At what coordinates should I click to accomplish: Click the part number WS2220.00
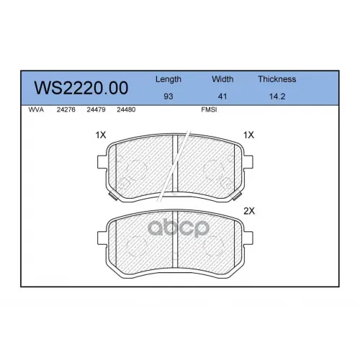[x=81, y=88]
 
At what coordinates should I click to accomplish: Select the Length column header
[x=168, y=79]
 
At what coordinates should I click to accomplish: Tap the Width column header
[x=222, y=79]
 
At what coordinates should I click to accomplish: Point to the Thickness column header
[x=277, y=79]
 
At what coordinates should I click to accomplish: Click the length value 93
[x=168, y=96]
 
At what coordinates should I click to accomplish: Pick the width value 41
[x=222, y=96]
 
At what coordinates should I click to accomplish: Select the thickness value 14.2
[x=277, y=96]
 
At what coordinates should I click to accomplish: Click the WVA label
[x=36, y=109]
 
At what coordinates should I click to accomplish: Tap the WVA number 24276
[x=66, y=109]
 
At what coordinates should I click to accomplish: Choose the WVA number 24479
[x=96, y=109]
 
